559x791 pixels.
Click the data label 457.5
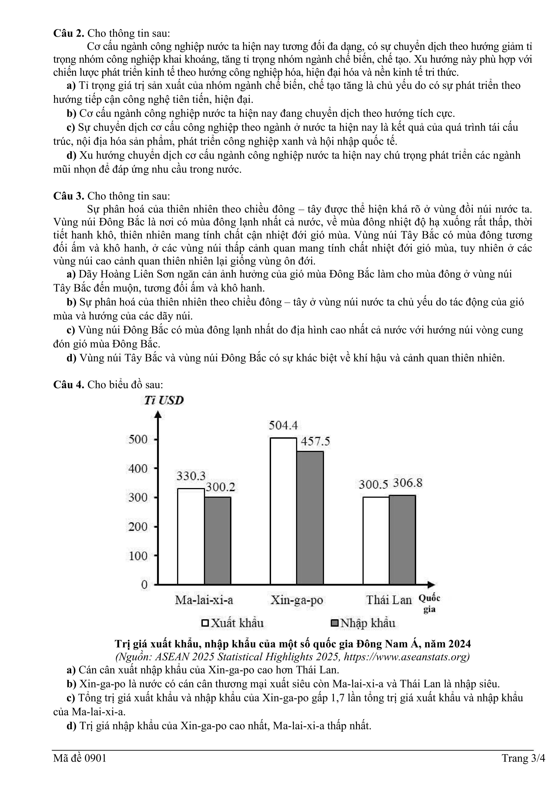(x=315, y=441)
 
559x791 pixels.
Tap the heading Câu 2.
(x=68, y=33)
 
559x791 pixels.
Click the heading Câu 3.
(x=68, y=196)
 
